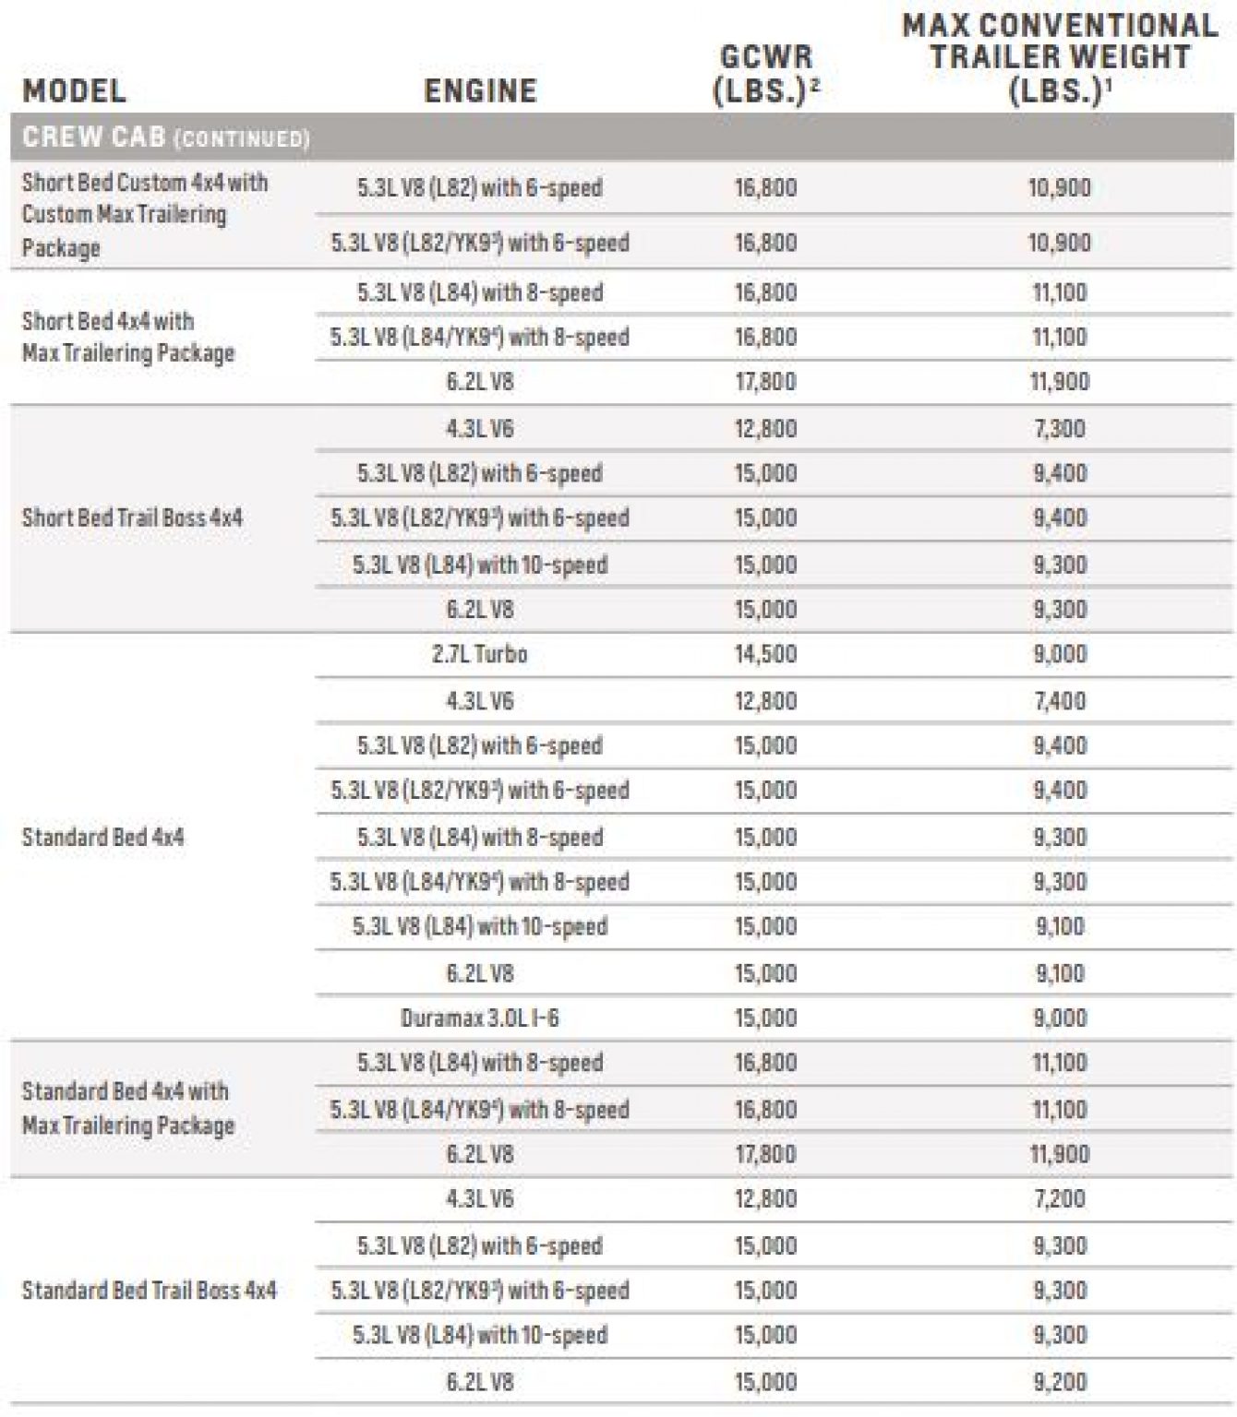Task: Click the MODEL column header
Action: (74, 90)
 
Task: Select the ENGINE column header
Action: (480, 90)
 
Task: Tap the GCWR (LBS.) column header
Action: (765, 74)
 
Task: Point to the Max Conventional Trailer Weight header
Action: (1060, 57)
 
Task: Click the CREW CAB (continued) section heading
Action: (166, 137)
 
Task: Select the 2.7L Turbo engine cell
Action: (480, 654)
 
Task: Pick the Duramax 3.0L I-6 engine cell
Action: (480, 1018)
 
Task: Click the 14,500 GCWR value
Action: (765, 654)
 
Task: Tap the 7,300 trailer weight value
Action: (1060, 428)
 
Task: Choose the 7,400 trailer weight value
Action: (1060, 701)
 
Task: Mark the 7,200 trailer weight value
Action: (1060, 1199)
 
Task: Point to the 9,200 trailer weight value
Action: (1060, 1382)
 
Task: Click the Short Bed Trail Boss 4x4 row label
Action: (132, 518)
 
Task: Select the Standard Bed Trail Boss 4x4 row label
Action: (149, 1290)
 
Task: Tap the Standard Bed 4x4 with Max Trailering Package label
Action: (128, 1108)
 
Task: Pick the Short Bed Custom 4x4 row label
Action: (144, 214)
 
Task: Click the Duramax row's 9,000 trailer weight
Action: (1060, 1018)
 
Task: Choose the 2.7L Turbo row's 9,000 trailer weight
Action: (1060, 654)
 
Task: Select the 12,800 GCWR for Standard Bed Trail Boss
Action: (765, 1199)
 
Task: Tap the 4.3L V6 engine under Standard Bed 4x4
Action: (480, 701)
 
